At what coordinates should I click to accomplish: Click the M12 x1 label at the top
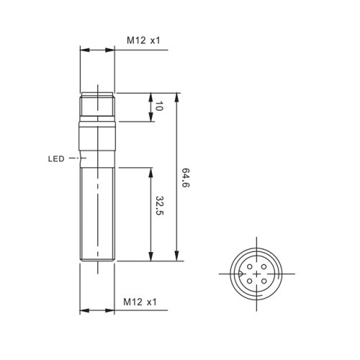click(143, 40)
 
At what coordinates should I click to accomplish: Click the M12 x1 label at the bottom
click(140, 302)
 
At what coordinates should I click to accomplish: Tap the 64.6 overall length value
click(185, 178)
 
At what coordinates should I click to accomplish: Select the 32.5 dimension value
click(159, 206)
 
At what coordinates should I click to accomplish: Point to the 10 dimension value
click(159, 106)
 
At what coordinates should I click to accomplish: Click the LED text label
click(56, 159)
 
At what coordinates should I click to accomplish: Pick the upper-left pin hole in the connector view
click(250, 266)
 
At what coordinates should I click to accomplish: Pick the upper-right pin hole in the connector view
click(264, 266)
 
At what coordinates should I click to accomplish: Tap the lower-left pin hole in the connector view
click(250, 281)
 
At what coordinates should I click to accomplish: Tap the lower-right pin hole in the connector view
click(264, 281)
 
